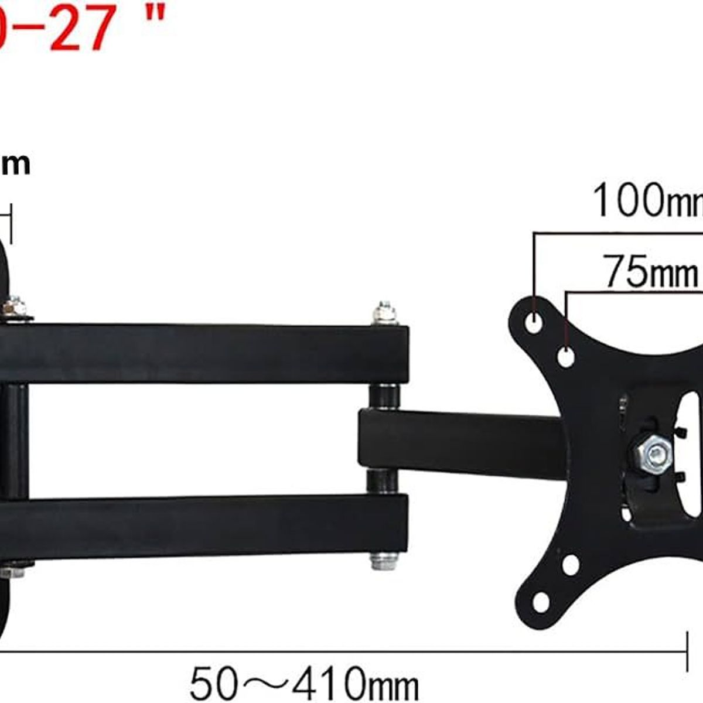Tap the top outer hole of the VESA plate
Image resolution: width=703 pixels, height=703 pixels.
pyautogui.click(x=534, y=322)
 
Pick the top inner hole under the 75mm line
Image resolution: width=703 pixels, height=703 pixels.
pyautogui.click(x=566, y=356)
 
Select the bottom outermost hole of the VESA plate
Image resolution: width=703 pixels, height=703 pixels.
pyautogui.click(x=541, y=600)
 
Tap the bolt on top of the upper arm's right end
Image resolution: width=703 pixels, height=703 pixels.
pyautogui.click(x=384, y=313)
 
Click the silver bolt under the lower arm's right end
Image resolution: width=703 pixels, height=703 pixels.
pyautogui.click(x=384, y=561)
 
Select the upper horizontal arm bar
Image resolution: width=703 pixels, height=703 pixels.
pyautogui.click(x=205, y=353)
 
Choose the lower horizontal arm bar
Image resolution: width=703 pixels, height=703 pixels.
pyautogui.click(x=205, y=525)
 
